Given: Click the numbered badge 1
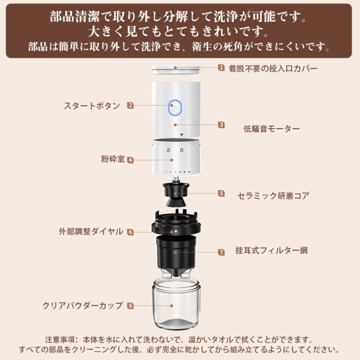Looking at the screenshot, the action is coord(221,67).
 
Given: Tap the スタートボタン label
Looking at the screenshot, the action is coord(92,106).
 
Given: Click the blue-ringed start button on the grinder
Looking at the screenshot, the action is coord(175,107).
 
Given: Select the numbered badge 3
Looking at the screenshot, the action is coord(221,125).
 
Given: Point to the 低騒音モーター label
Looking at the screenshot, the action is coord(272,129).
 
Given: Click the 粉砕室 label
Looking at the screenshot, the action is coord(113,159).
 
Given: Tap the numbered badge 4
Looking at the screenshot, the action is coord(130,160).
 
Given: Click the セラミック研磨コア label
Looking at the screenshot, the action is coord(273,196).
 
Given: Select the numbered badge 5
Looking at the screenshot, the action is coord(221,193).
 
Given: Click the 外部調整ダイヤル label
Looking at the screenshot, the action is coord(91,231).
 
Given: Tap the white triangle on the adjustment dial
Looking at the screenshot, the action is coord(176,231).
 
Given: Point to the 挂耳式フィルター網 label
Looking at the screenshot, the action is coord(272,250).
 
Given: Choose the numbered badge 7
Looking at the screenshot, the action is coord(221,252).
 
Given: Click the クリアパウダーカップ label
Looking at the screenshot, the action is coord(83,305).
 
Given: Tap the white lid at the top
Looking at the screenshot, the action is coord(175,70).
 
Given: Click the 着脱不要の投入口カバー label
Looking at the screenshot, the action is coord(273,68).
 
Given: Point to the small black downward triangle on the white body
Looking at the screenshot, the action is coord(182,135).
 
